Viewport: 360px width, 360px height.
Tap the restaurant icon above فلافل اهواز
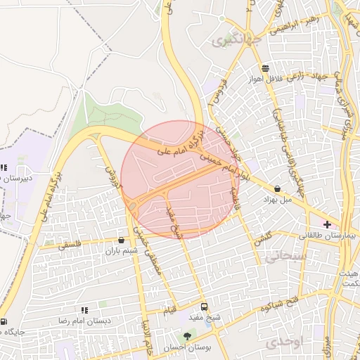(x=264, y=68)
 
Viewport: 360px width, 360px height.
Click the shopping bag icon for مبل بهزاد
(x=278, y=188)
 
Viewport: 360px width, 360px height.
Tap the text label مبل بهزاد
(x=276, y=200)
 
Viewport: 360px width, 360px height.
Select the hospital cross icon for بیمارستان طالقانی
(x=328, y=224)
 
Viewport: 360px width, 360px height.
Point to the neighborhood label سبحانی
(x=284, y=257)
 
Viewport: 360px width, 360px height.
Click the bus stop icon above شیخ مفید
(x=204, y=307)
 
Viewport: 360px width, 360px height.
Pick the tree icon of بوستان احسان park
(x=187, y=336)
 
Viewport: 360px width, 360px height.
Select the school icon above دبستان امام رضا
(x=84, y=309)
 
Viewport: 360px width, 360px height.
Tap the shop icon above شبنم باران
(x=122, y=240)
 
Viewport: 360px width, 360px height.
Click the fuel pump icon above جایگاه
(x=4, y=321)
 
